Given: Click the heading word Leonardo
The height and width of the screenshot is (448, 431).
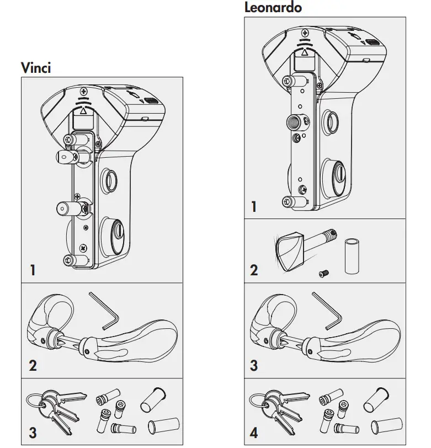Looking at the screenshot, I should point(273,8).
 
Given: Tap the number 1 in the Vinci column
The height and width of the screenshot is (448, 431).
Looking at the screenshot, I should point(33,270).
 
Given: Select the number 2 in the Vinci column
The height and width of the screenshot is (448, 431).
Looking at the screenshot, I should point(33,365).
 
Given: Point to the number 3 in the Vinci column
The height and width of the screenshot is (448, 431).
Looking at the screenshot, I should point(33,432).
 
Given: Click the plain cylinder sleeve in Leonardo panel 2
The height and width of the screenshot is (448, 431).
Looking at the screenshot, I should point(351,256).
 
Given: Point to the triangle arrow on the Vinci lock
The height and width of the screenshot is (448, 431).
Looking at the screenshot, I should point(83,110).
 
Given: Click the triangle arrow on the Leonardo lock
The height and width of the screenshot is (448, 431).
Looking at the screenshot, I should point(304,52).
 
